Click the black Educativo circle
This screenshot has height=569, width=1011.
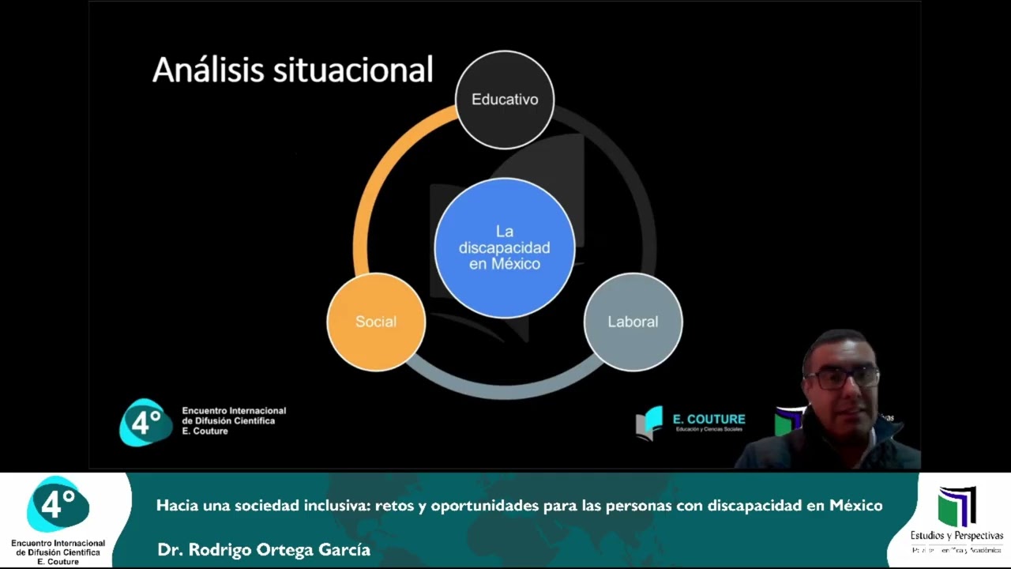(505, 100)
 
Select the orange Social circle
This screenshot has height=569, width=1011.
(376, 322)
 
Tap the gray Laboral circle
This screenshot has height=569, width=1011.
(633, 322)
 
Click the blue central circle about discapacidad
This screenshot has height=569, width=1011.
(505, 247)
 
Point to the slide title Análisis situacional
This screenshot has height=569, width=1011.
(292, 70)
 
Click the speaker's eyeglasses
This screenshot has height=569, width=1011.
(842, 378)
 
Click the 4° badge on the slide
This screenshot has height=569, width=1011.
(145, 422)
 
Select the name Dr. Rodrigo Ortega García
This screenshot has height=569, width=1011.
(264, 549)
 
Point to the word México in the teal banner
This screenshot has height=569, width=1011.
(855, 505)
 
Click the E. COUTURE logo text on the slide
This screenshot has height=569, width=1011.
(708, 419)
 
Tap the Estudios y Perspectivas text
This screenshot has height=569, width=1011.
(957, 536)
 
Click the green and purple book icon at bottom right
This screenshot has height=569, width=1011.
(957, 506)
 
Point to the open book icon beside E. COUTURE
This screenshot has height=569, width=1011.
(649, 423)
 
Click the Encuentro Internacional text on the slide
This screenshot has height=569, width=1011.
(234, 411)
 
